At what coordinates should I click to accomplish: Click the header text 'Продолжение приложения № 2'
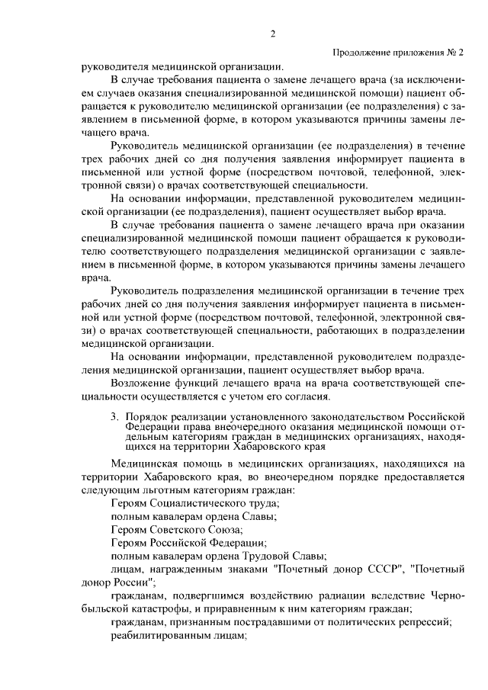click(x=398, y=52)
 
